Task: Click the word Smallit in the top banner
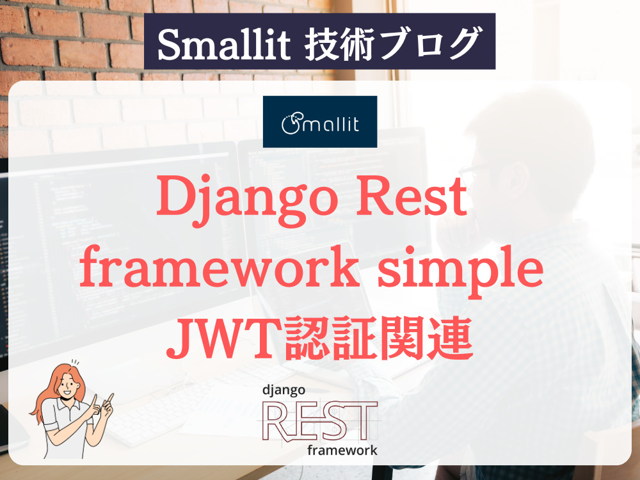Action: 223,44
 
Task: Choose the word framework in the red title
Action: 220,267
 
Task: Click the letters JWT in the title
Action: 223,339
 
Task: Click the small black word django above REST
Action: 284,390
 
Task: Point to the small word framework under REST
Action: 342,450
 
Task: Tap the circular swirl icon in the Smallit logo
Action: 291,124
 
